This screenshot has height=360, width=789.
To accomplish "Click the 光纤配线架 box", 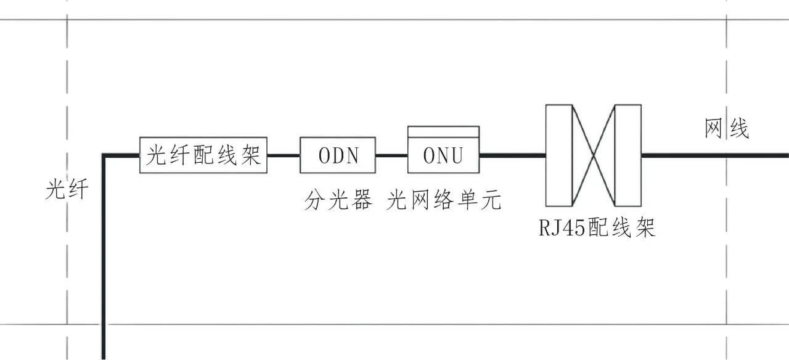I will pyautogui.click(x=204, y=155).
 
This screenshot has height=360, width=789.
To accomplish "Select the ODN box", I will pyautogui.click(x=338, y=155).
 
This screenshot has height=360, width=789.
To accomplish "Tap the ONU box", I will pyautogui.click(x=443, y=155).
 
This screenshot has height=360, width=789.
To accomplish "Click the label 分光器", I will pyautogui.click(x=338, y=200).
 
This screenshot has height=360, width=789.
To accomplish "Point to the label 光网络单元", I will pyautogui.click(x=444, y=200).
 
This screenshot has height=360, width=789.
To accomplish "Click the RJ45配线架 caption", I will pyautogui.click(x=597, y=227).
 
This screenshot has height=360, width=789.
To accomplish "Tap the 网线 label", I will pyautogui.click(x=727, y=129).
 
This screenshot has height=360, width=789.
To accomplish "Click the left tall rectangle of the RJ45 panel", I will pyautogui.click(x=559, y=155).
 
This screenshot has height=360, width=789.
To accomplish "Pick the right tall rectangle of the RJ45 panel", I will pyautogui.click(x=628, y=155).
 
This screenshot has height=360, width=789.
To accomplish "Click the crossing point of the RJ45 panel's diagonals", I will pyautogui.click(x=594, y=155).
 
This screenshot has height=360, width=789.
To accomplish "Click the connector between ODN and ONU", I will pyautogui.click(x=392, y=155).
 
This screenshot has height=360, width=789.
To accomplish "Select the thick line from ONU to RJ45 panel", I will pyautogui.click(x=512, y=155).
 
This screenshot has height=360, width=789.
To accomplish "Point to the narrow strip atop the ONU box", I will pyautogui.click(x=443, y=131).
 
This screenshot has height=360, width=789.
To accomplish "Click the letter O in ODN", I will pyautogui.click(x=324, y=155).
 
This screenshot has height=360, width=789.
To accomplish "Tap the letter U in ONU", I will pyautogui.click(x=457, y=155).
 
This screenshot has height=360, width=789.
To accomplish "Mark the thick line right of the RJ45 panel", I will pyautogui.click(x=715, y=155).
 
